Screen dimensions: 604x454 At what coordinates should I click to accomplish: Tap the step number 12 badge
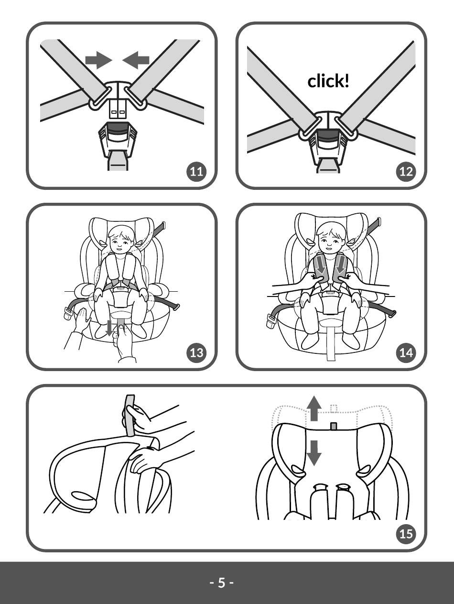pos(406,172)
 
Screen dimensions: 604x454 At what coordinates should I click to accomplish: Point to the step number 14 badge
pos(406,353)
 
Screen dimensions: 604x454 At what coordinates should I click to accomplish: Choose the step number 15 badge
pos(406,533)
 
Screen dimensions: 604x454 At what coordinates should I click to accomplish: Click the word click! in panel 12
pos(328,81)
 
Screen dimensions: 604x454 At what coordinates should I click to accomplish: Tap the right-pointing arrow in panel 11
pos(98,60)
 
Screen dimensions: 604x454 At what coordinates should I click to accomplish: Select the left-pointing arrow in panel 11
pos(136,60)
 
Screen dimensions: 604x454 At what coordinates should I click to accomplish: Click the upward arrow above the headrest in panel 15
pos(313,408)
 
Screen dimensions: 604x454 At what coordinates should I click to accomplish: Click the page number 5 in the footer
pos(221,583)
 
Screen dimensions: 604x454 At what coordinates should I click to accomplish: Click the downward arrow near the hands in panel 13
pos(110,328)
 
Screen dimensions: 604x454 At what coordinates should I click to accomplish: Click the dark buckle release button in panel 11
pos(118,128)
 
